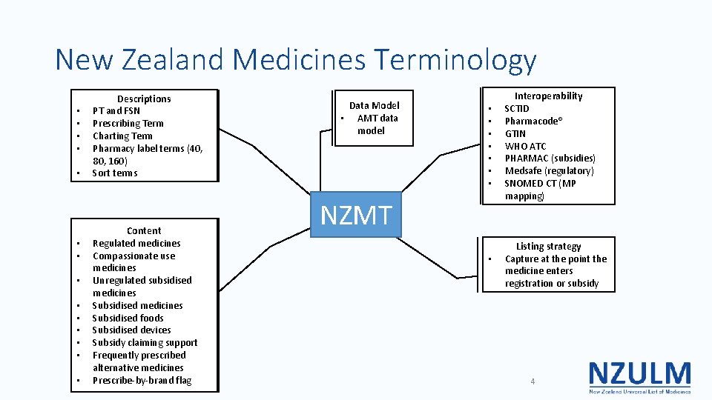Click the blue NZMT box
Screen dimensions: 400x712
point(355,215)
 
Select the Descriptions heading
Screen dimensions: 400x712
point(144,99)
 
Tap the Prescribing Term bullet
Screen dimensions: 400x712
point(128,123)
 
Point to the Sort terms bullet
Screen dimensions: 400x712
point(114,173)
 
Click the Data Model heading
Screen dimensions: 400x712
point(374,105)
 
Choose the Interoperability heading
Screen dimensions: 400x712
point(549,96)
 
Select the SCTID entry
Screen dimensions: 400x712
point(517,108)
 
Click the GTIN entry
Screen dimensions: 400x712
point(515,133)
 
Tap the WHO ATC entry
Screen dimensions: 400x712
point(525,146)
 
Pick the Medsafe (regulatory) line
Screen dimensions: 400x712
point(549,170)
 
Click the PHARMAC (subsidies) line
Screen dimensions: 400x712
point(550,158)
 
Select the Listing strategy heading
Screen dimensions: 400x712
point(549,246)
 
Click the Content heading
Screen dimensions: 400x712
point(144,230)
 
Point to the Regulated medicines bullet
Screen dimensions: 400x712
point(136,243)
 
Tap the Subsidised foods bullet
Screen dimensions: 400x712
point(128,318)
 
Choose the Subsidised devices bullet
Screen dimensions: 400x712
point(131,330)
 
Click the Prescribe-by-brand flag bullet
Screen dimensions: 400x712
point(142,380)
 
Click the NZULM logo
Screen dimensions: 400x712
point(639,376)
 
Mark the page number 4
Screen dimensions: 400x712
point(532,381)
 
